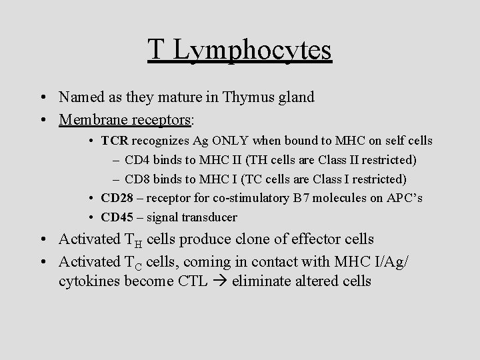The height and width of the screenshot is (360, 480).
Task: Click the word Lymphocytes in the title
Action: [251, 50]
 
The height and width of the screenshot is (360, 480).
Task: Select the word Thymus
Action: [249, 97]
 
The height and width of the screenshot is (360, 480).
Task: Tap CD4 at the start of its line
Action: [137, 160]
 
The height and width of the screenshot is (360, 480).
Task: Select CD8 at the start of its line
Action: [137, 179]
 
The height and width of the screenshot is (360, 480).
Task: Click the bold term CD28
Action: [117, 199]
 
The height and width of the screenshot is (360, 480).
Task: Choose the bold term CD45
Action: [117, 217]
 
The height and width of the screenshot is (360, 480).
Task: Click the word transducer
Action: [211, 217]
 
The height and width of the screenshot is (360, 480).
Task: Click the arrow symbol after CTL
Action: [223, 281]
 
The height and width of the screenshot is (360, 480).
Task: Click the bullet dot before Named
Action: [42, 97]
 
